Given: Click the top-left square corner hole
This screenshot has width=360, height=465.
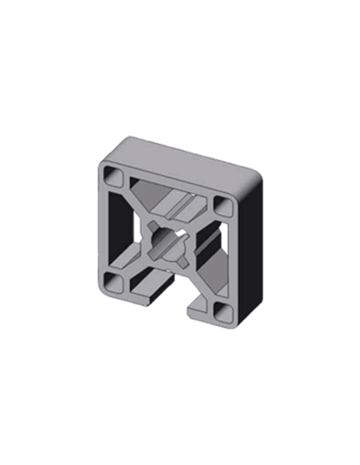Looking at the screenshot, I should click(x=113, y=174).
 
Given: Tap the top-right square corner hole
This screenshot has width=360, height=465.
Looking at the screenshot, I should click(x=221, y=203).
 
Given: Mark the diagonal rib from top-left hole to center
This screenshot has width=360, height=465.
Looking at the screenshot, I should click(x=137, y=204).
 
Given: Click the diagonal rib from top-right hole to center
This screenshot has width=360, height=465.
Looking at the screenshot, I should click(x=199, y=219).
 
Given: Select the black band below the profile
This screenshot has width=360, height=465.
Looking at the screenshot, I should click(x=179, y=358).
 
